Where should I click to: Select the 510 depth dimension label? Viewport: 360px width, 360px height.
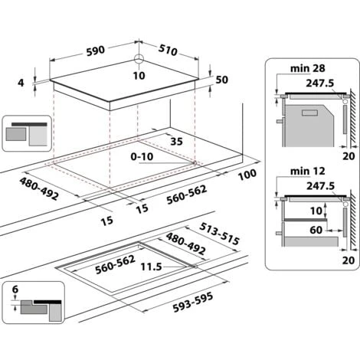click(x=168, y=52)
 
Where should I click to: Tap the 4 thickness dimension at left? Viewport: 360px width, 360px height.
click(x=23, y=82)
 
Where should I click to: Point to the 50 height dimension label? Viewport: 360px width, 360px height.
click(x=223, y=80)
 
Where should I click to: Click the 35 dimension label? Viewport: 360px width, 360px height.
click(x=176, y=142)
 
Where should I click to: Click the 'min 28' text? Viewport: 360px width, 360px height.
click(x=302, y=68)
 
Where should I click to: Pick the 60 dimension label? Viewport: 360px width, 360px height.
click(x=316, y=229)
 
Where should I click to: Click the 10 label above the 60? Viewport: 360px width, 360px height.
click(x=316, y=211)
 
